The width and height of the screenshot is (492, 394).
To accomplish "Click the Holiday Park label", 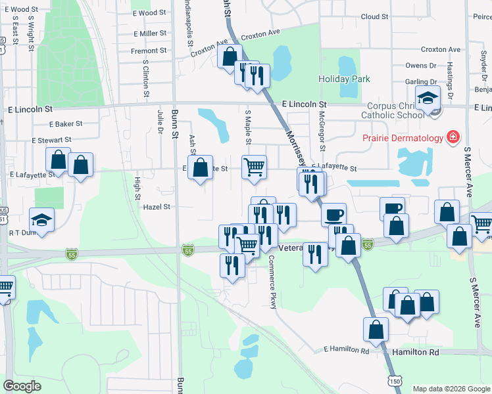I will tap(344, 79).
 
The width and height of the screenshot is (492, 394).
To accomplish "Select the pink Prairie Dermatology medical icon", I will tap(453, 138).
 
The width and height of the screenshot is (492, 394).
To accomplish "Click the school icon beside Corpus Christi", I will tap(428, 99).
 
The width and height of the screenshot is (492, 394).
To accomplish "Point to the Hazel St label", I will tap(157, 206).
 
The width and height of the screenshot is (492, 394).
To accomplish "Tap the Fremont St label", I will tap(149, 51).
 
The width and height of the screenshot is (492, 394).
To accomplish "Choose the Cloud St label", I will tap(374, 16).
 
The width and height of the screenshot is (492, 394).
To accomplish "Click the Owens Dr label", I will tap(416, 66).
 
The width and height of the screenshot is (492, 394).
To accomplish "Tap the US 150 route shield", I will tap(393, 382).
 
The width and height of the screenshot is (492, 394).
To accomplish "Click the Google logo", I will tap(22, 386).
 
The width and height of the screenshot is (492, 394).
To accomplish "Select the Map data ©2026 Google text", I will tap(451, 389).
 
